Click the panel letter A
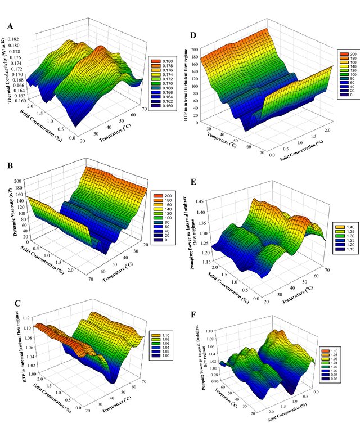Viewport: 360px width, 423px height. coord(10,26)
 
